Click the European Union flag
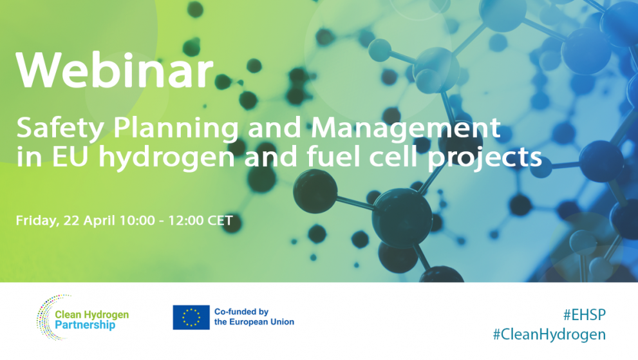[191, 317]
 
